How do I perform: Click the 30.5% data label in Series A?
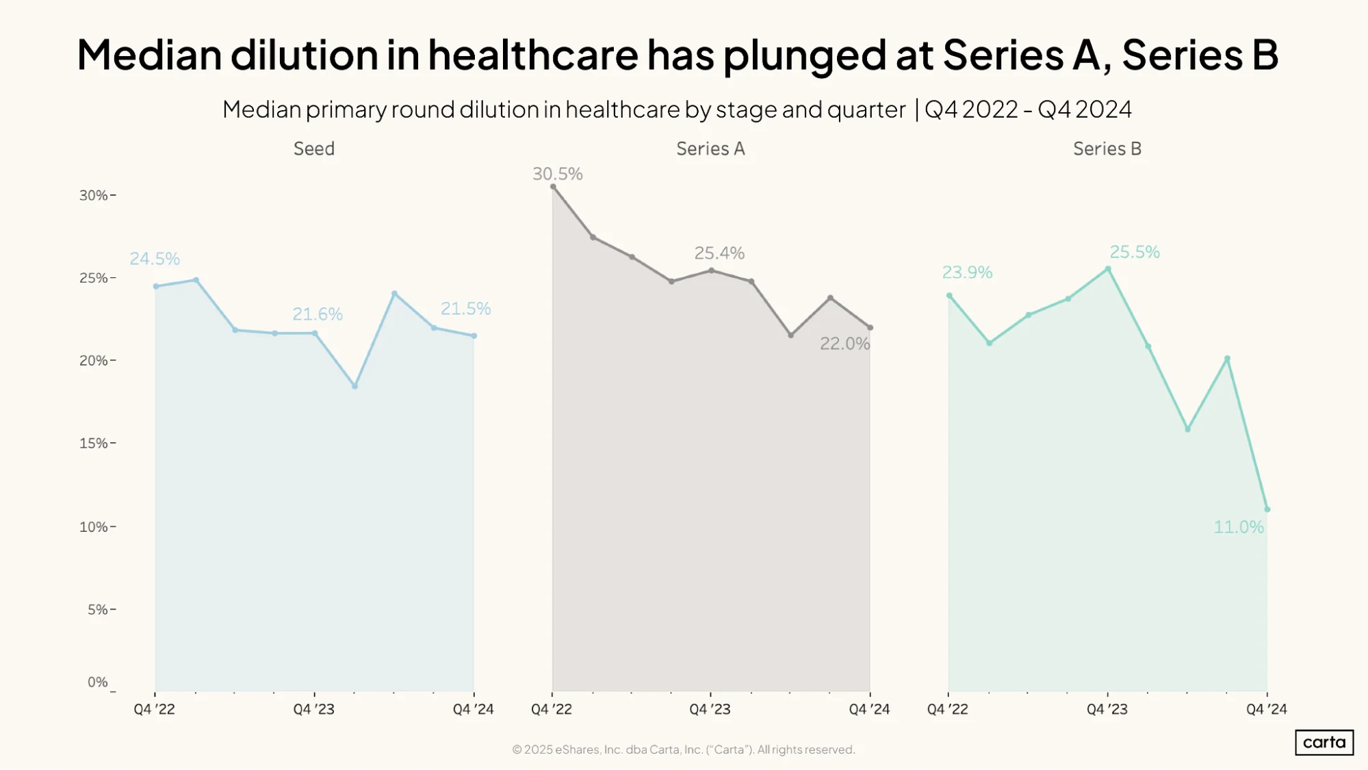[557, 174]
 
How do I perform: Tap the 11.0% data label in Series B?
[1239, 527]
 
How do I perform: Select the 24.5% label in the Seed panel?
[155, 259]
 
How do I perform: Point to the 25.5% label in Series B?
[1135, 252]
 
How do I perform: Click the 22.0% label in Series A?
[845, 344]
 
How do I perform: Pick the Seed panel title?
[314, 149]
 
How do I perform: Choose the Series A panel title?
[710, 149]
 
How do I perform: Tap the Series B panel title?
[1107, 149]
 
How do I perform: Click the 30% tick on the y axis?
[94, 195]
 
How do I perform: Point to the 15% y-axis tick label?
[94, 443]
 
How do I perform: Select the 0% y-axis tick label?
[98, 682]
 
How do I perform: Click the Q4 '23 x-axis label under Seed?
[314, 709]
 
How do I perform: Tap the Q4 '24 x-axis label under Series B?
[1267, 709]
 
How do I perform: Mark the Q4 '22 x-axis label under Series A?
[552, 709]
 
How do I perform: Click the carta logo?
[1324, 743]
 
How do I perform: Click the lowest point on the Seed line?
[354, 386]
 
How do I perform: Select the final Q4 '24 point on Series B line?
[1267, 509]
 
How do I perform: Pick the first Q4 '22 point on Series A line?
[553, 187]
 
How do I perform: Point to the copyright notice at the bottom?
[684, 749]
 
